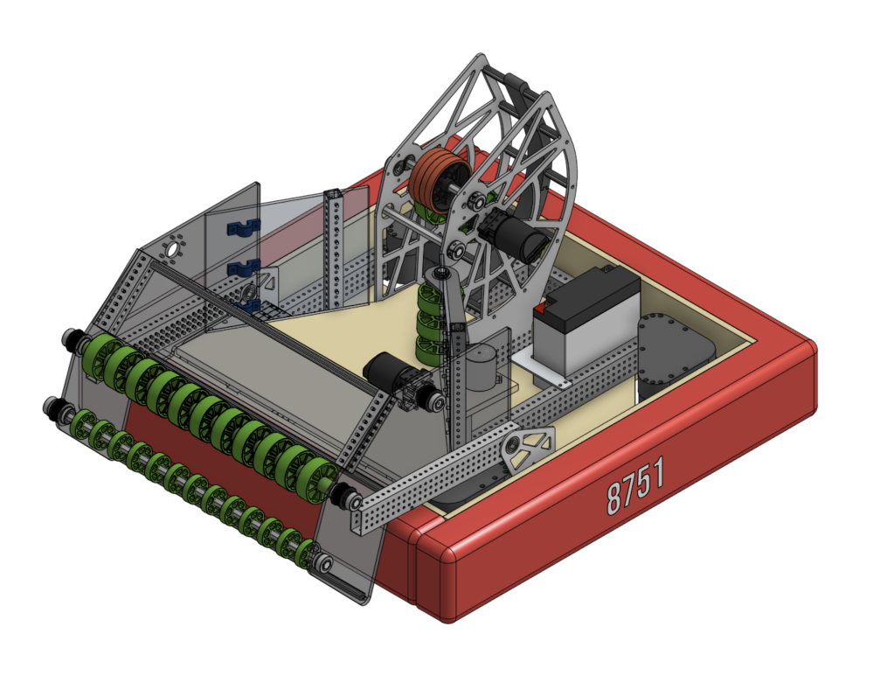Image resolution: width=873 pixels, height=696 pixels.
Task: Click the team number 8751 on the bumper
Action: click(x=635, y=484)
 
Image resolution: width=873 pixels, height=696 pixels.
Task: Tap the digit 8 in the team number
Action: click(x=613, y=497)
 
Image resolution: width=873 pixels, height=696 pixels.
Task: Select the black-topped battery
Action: click(x=586, y=319)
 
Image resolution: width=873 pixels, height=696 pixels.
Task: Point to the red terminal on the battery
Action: click(x=540, y=308)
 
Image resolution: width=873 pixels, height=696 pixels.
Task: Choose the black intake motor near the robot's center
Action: click(x=390, y=370)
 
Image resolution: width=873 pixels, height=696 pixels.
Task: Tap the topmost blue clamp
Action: click(x=243, y=228)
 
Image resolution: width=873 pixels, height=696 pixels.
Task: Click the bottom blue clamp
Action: click(x=248, y=305)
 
